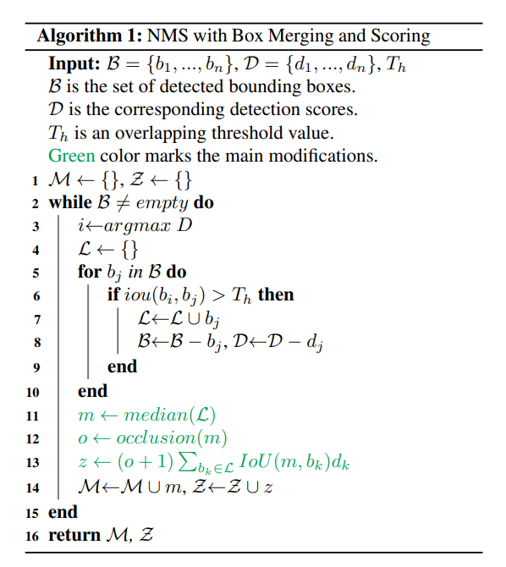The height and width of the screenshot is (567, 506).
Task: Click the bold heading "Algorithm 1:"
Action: [x=89, y=36]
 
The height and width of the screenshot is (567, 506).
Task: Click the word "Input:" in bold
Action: [x=74, y=66]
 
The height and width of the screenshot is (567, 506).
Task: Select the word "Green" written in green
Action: [x=72, y=157]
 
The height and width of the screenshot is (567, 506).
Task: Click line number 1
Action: [x=35, y=180]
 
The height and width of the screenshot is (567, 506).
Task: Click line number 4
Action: [x=35, y=250]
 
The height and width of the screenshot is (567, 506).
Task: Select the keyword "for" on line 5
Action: [x=89, y=273]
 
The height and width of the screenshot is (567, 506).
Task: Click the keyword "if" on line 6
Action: [x=113, y=295]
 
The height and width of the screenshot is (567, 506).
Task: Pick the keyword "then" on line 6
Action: [x=276, y=295]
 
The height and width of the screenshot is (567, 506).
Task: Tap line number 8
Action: [x=35, y=343]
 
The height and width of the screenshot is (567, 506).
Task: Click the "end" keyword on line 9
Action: [x=122, y=366]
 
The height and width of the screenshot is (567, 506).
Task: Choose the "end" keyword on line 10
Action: [x=92, y=390]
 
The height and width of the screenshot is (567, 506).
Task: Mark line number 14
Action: [x=33, y=487]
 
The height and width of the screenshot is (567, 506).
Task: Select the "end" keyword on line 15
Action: [x=63, y=511]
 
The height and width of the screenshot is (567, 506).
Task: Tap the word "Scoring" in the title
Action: [x=399, y=36]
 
